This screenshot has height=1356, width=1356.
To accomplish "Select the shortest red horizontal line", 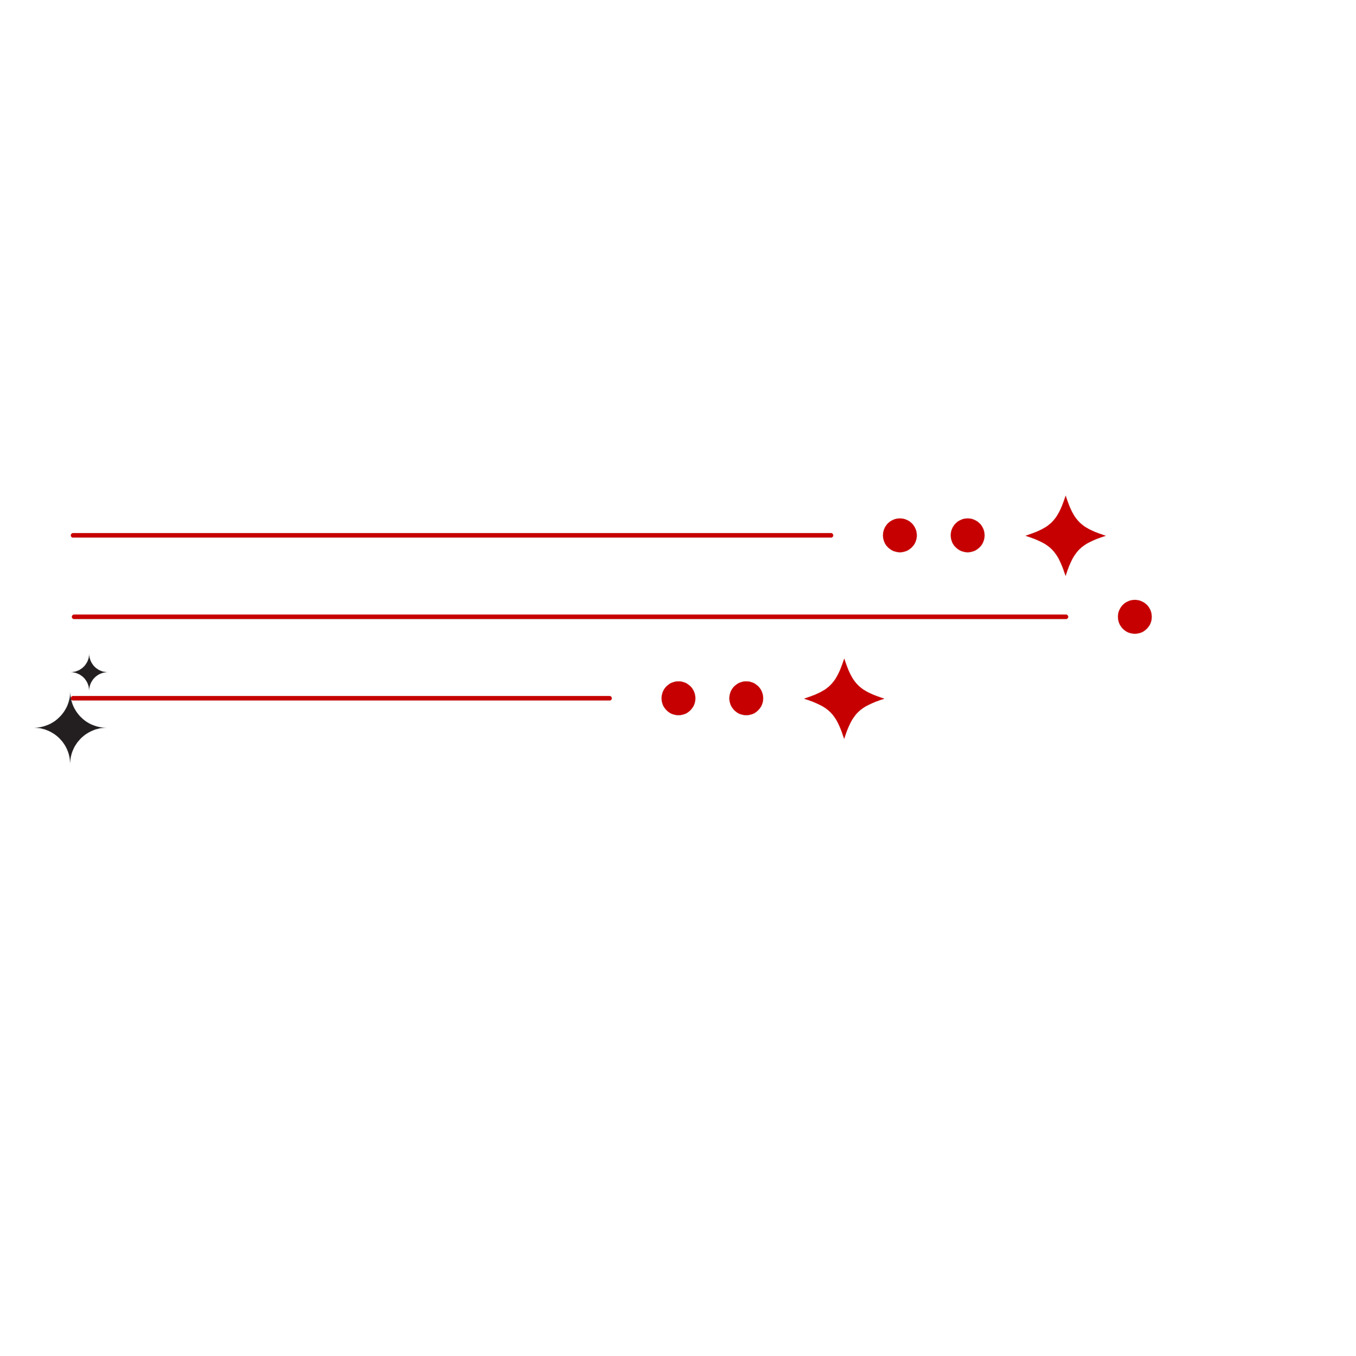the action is click(341, 699).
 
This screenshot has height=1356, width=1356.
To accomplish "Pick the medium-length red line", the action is click(451, 535).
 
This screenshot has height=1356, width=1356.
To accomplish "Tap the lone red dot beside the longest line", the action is click(1135, 617).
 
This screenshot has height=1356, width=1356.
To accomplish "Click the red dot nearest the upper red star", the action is click(968, 535).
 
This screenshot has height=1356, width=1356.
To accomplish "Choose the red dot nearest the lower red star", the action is click(746, 699).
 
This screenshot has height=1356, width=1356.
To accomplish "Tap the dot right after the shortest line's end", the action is click(679, 699).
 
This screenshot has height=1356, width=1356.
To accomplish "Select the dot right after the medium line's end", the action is click(900, 535).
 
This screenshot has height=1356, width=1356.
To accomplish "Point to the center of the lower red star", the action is click(845, 699).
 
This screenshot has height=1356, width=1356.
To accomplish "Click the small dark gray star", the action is click(89, 673).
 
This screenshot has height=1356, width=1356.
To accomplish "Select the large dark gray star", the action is click(70, 728).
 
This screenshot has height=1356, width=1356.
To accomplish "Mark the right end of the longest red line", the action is click(1066, 617).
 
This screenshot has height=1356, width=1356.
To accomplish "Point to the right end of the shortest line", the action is click(610, 699).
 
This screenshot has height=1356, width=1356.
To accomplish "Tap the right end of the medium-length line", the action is click(831, 535).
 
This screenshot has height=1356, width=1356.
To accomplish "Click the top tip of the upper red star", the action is click(1065, 496).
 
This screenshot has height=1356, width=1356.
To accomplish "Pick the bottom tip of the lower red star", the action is click(845, 738).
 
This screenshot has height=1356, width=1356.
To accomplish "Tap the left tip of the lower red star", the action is click(804, 699).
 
